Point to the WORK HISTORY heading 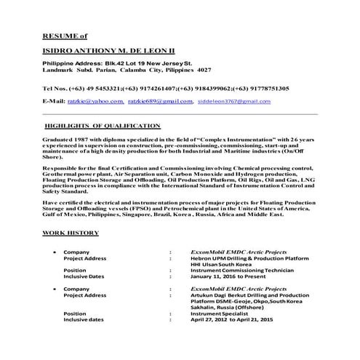(x=69, y=232)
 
